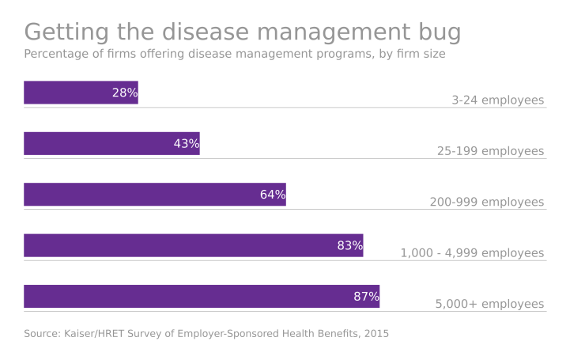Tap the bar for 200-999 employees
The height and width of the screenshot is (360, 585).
point(142,195)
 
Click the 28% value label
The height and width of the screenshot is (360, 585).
point(125,93)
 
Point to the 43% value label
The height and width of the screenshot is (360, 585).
point(187,144)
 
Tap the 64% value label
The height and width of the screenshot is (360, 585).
point(273,195)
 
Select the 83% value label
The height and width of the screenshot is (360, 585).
point(350,246)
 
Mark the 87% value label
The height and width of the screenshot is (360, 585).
point(367,297)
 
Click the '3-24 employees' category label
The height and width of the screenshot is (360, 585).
point(497,100)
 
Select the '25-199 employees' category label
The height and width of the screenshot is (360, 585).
point(490,151)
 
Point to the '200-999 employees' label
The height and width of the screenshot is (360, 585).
point(486,203)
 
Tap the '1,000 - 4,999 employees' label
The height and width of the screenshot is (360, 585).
point(472,253)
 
